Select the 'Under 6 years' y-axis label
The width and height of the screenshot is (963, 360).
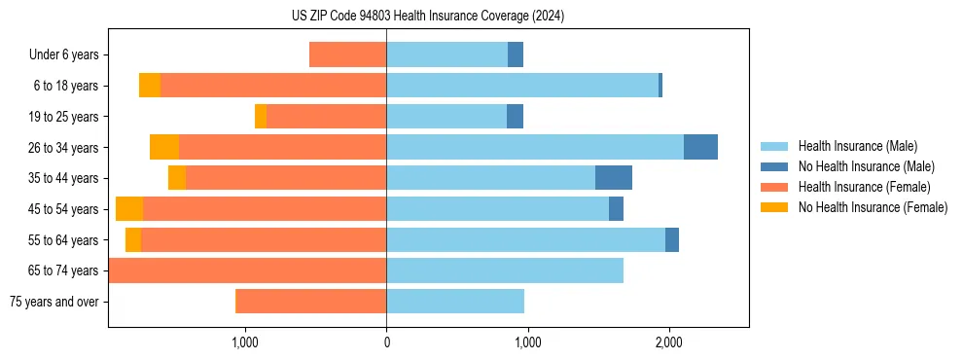coord(64,55)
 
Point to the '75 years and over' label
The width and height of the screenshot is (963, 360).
coord(54,302)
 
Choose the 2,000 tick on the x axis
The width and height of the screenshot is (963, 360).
coord(668,342)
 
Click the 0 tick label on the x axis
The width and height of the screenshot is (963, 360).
coord(386,342)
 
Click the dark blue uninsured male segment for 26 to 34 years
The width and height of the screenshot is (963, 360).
coord(700,147)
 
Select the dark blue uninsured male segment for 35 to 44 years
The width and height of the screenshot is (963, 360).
coord(613,178)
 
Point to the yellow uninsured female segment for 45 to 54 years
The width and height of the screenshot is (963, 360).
coord(129,209)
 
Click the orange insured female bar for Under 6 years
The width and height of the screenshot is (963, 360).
coord(347,54)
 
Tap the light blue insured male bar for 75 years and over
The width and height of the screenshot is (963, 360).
coord(455,302)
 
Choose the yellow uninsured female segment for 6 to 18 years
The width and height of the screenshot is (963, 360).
coord(150,86)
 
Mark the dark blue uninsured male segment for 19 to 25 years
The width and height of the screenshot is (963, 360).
coord(515,117)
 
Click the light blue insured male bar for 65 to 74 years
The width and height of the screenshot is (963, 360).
coord(505,270)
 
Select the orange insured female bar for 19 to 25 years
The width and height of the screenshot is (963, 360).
coord(326,117)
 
